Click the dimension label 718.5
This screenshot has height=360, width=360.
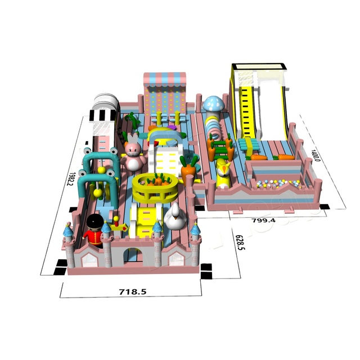(133, 292)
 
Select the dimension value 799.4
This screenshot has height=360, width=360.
(264, 220)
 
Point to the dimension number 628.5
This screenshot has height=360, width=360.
(239, 242)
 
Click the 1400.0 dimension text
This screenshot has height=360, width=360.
(315, 155)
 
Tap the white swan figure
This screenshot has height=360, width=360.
(175, 217)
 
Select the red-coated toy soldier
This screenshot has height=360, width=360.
(94, 230)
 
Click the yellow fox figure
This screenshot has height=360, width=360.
(223, 173)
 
